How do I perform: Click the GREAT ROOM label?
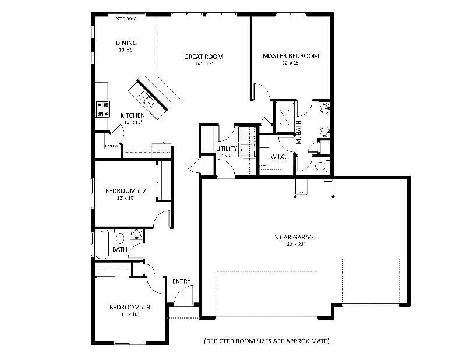[204, 57]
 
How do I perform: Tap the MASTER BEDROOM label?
[291, 56]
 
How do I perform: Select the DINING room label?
[126, 43]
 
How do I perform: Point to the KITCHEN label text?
[133, 115]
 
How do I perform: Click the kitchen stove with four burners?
[103, 108]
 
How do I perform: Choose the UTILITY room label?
[226, 149]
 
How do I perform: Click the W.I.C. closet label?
[277, 157]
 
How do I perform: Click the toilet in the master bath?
[321, 166]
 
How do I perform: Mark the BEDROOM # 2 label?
[125, 191]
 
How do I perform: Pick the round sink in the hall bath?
[137, 235]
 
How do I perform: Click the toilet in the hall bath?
[121, 238]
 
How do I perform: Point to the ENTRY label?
[182, 281]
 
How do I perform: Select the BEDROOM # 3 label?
[130, 307]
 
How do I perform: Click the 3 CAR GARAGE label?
[295, 237]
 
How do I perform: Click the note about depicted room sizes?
[266, 340]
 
